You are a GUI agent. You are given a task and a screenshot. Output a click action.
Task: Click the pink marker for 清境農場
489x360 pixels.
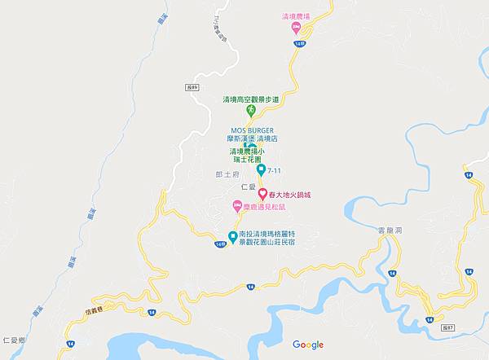tap(297, 27)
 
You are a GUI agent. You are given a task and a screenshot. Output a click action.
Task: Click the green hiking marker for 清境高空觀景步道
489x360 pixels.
tap(251, 109)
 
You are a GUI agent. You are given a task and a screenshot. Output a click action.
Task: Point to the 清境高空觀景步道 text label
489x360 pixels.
tap(251, 99)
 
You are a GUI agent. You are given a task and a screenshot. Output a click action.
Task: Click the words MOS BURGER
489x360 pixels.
tap(252, 130)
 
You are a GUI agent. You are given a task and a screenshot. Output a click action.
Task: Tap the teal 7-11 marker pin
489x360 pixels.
tap(261, 169)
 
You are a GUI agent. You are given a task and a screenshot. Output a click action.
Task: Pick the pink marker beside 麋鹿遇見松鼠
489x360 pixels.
tap(235, 208)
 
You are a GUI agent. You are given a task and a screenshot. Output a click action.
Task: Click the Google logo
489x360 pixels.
tap(308, 345)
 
